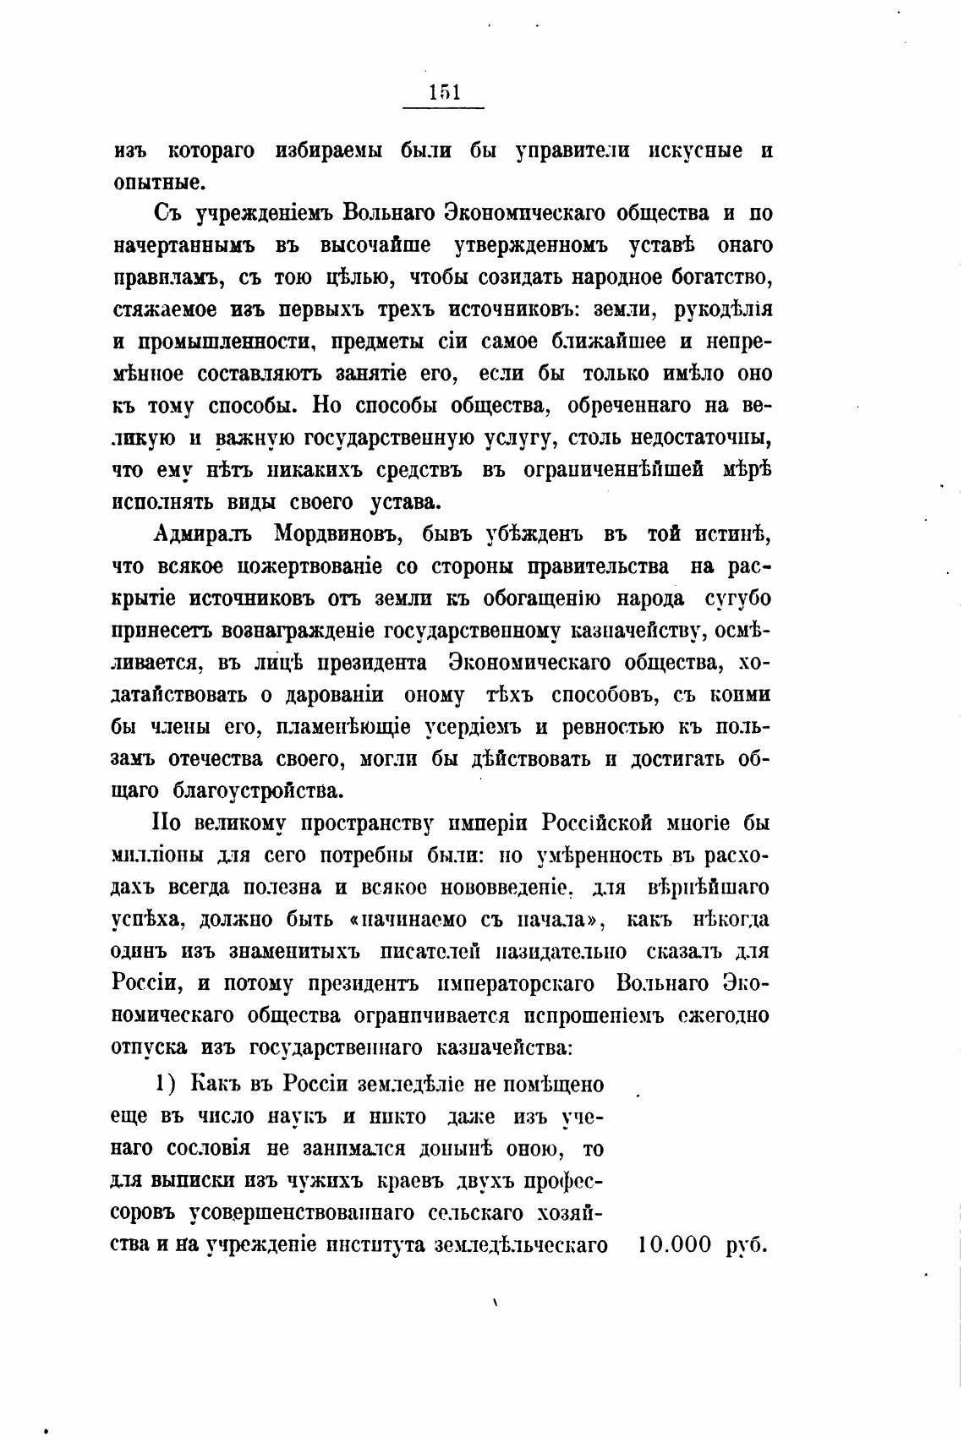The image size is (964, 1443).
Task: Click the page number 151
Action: point(444,91)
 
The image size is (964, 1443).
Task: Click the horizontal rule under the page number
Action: point(444,108)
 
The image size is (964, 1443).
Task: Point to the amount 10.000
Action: point(676,1244)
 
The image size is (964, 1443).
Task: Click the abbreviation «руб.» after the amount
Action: point(746,1246)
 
